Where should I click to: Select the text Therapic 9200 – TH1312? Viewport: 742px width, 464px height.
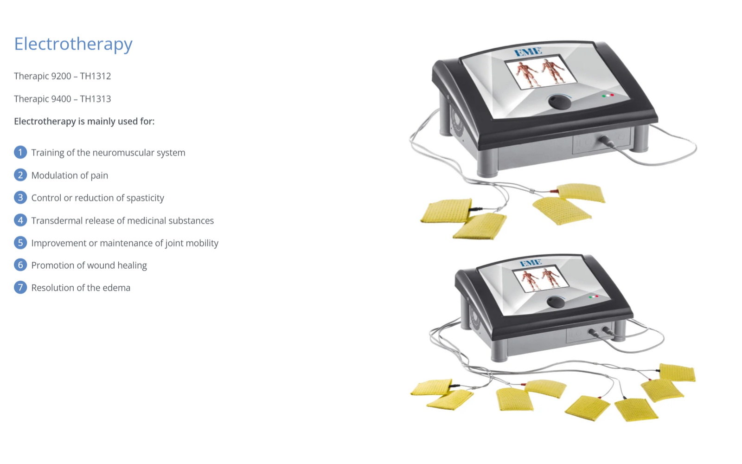click(62, 76)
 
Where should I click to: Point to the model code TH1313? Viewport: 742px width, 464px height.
click(96, 99)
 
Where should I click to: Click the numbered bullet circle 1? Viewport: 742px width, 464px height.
click(20, 153)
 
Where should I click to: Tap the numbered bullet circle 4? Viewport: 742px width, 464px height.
click(20, 220)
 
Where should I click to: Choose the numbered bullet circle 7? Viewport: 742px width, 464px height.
click(20, 288)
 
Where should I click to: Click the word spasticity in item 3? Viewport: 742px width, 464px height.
click(146, 198)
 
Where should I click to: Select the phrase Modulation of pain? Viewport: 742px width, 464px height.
click(70, 175)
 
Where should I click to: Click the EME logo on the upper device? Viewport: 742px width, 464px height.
click(528, 52)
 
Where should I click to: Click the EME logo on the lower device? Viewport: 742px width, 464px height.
click(531, 263)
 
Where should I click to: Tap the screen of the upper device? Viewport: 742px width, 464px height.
click(540, 72)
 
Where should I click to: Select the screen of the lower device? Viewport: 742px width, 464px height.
click(541, 279)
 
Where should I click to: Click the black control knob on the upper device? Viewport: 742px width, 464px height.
click(559, 102)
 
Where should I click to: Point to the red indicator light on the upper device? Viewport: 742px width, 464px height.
click(612, 95)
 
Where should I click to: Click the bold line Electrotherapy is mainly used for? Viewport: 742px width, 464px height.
click(84, 122)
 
